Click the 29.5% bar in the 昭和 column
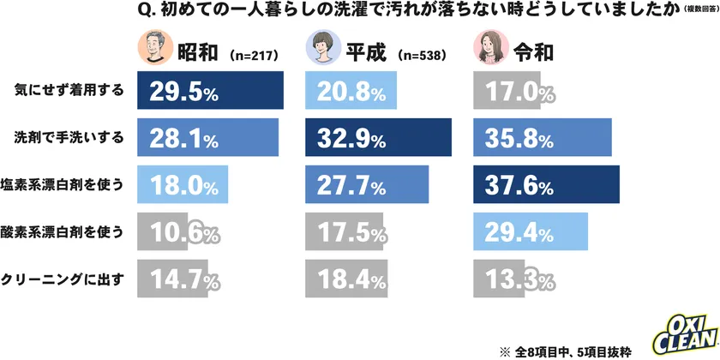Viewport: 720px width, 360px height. click(210, 91)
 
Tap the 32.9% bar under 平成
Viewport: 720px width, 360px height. click(378, 137)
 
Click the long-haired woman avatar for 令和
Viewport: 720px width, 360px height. click(491, 50)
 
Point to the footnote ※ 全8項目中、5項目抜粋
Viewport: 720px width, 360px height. click(574, 351)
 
